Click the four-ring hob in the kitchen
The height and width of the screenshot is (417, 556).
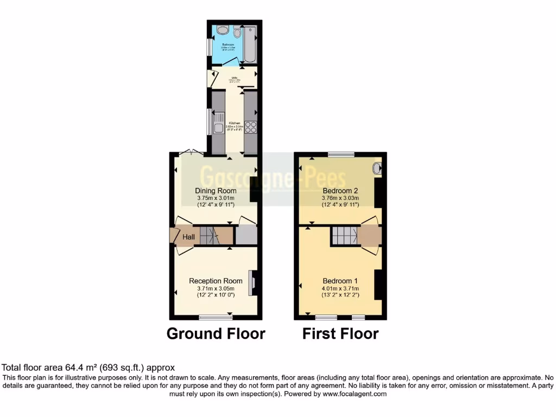pyautogui.click(x=251, y=127)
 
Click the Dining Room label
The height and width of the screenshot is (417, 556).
pyautogui.click(x=216, y=191)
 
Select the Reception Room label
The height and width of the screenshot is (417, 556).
pyautogui.click(x=216, y=281)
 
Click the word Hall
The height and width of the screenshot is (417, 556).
pyautogui.click(x=188, y=237)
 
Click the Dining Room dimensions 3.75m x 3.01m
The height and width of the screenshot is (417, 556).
pyautogui.click(x=216, y=198)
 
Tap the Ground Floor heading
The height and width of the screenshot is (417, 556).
pyautogui.click(x=216, y=333)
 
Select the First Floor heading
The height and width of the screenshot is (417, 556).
pyautogui.click(x=340, y=333)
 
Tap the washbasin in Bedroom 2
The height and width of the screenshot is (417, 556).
pyautogui.click(x=377, y=168)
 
